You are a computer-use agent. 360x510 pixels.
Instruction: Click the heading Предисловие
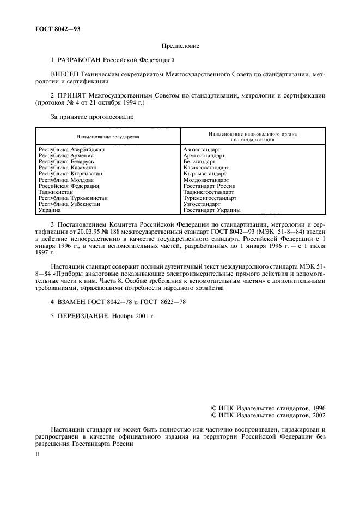click(x=180, y=46)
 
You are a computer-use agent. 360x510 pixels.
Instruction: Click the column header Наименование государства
click(x=108, y=136)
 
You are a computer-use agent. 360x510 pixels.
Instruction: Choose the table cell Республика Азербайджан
click(x=71, y=149)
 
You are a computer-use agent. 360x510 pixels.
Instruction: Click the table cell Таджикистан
click(x=57, y=192)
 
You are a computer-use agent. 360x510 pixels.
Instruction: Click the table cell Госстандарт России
click(x=210, y=186)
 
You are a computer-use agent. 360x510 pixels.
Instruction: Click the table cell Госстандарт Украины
click(x=212, y=210)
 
